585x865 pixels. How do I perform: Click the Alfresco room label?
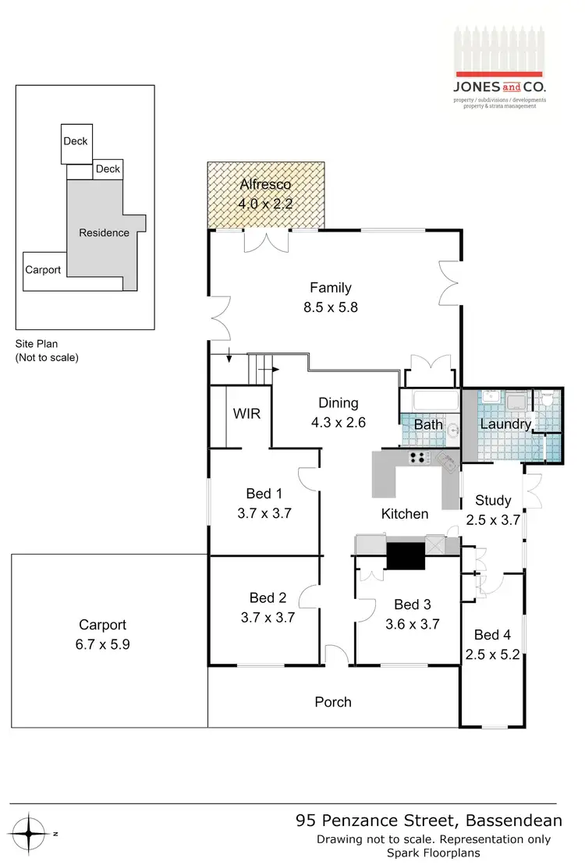coord(265,185)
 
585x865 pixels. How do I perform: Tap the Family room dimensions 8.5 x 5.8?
coord(331,307)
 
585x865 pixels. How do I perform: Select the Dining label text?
coord(338,403)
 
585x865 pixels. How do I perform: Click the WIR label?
coord(246,413)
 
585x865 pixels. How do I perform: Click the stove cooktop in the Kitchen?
coord(419,458)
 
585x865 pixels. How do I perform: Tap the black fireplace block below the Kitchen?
coord(405,555)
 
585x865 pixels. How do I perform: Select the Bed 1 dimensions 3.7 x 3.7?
coord(264,514)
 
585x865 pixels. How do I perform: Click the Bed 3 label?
coord(412,604)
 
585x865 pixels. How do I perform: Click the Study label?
coord(493,501)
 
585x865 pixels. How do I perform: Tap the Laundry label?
coord(505,424)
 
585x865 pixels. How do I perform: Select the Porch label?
coord(333,702)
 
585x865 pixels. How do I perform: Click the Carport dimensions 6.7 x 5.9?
coord(102,645)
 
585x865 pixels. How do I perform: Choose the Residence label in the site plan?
coord(104,232)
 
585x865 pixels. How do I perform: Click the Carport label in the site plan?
coord(43,271)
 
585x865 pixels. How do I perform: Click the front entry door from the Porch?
coord(337,657)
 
